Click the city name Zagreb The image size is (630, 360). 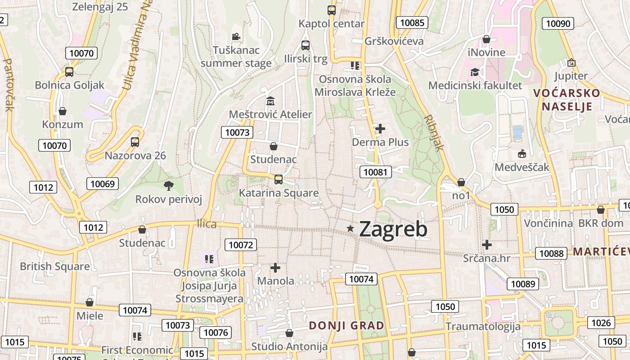click(x=393, y=229)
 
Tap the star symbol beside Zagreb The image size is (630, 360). click(x=351, y=229)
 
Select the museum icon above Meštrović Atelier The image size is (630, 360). click(x=270, y=101)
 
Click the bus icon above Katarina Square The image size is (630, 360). click(x=279, y=180)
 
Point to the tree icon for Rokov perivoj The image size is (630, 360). click(x=169, y=185)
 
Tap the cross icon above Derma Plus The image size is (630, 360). click(x=380, y=129)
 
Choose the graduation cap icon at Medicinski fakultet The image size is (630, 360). click(x=475, y=72)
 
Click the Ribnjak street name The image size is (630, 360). click(x=434, y=133)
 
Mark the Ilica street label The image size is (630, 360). click(x=207, y=224)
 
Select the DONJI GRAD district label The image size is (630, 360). click(x=346, y=325)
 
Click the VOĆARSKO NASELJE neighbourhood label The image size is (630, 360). click(x=567, y=99)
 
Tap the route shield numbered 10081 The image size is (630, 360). click(x=376, y=172)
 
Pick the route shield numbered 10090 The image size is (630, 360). click(x=558, y=24)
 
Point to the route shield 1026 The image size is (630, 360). click(x=601, y=323)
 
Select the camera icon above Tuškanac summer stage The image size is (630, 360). click(x=236, y=36)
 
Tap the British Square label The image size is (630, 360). click(x=55, y=266)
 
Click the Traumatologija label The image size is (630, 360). click(x=483, y=326)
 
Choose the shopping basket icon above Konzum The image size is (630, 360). click(x=63, y=111)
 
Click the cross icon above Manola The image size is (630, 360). click(x=275, y=268)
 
